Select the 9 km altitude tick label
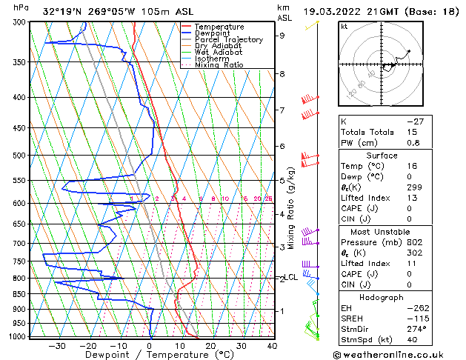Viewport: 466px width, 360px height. [282, 35]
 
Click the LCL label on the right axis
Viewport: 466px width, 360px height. [291, 278]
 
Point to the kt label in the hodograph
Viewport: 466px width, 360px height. [344, 26]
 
